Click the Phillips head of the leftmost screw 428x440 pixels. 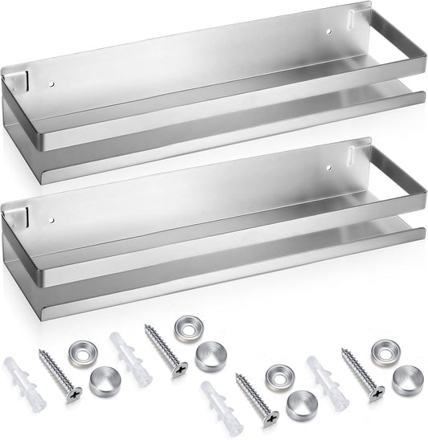(x=75, y=394)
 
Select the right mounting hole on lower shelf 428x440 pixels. (x=330, y=169)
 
